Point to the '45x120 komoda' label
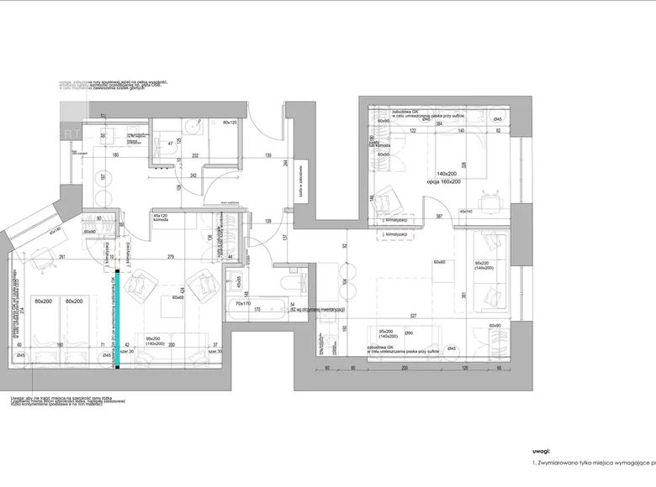[161, 217]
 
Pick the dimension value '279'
[171, 256]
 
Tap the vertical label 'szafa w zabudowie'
[300, 179]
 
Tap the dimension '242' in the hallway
[193, 175]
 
